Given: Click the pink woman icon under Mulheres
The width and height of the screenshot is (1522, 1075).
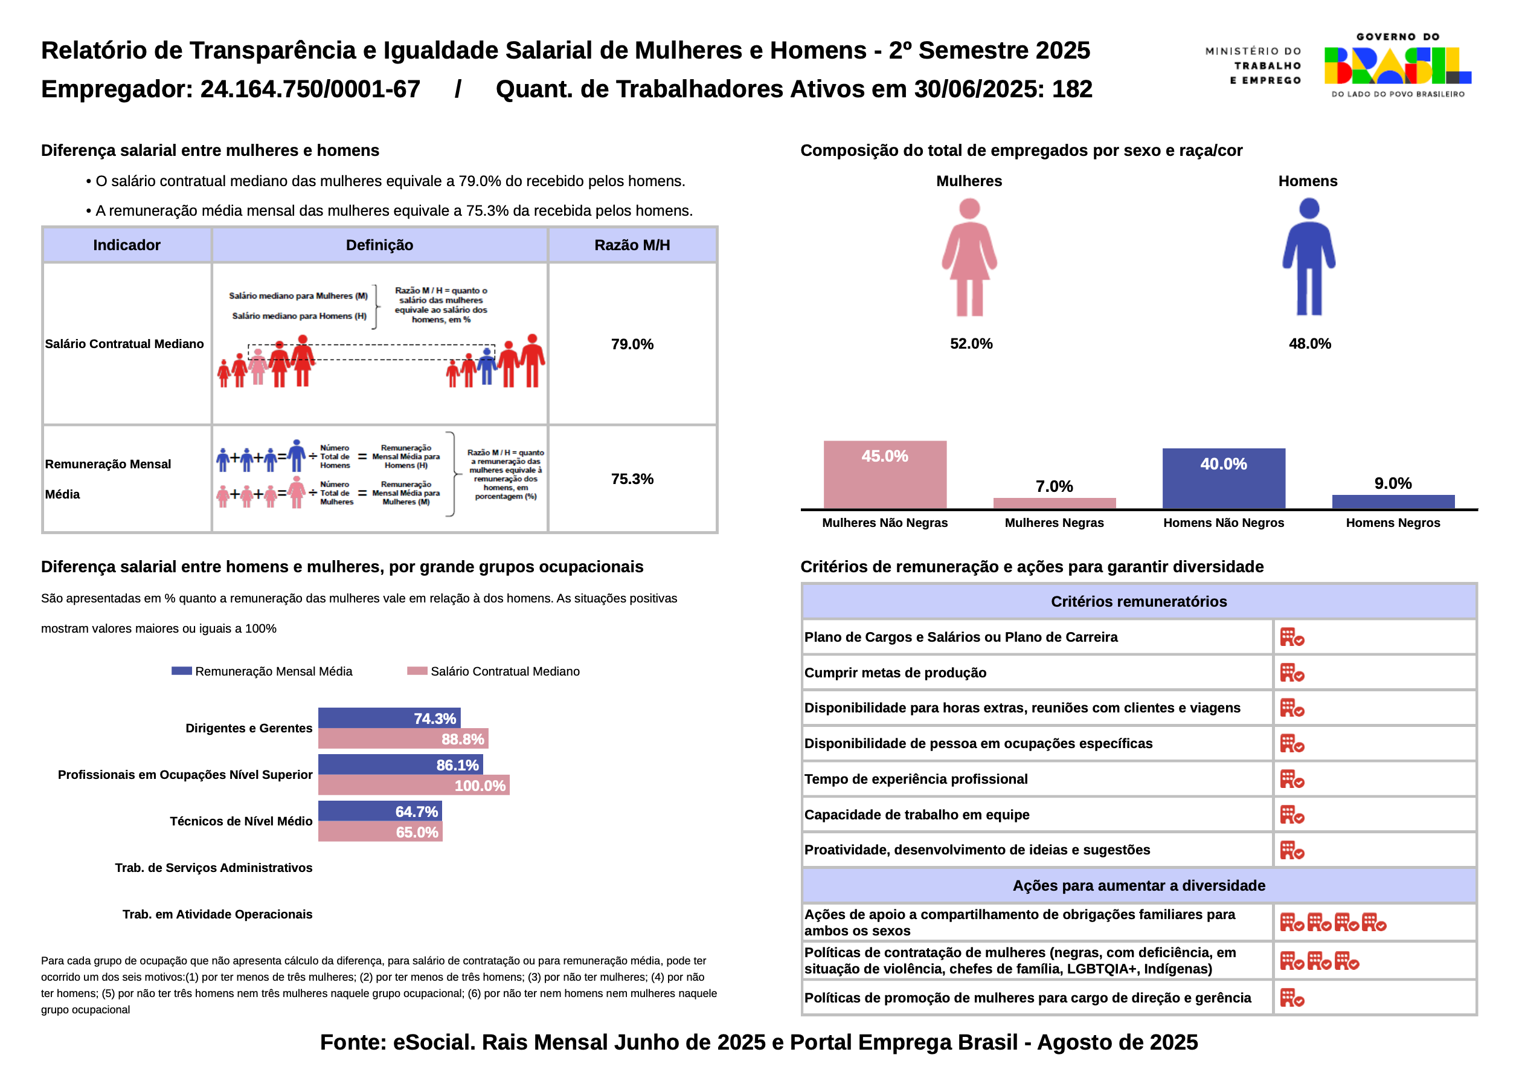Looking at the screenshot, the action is coord(969,257).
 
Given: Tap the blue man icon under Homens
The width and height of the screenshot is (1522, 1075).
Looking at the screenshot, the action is coord(1309,257).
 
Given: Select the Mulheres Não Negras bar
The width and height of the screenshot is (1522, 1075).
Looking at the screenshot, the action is coord(885,475).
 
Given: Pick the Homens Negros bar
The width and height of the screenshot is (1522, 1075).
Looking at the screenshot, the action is coord(1393,502).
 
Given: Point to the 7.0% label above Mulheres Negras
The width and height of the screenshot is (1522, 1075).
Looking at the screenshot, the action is coord(1054,486).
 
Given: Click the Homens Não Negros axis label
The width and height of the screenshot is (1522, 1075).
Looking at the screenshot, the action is coord(1224,523).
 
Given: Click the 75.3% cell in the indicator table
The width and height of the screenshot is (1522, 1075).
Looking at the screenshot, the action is coord(632,479).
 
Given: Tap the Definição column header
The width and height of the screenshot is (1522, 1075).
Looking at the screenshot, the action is coord(380,245).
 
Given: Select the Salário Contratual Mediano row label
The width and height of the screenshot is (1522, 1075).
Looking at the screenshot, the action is coord(124,343).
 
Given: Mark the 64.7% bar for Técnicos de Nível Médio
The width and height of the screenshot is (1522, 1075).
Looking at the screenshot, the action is coord(380,811).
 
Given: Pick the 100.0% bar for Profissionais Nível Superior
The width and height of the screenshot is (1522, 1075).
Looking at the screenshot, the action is coord(414,785).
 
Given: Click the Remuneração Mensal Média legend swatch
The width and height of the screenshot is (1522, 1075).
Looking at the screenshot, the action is coord(182,671).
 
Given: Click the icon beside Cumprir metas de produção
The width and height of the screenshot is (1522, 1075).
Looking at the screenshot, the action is coord(1292,673).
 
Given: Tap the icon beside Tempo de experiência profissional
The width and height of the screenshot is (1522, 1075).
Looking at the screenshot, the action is coord(1292,780).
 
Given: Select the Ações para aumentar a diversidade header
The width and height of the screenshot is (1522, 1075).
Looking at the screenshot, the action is coord(1139,886).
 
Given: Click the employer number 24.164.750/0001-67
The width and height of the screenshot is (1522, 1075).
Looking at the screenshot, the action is coord(310,89).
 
